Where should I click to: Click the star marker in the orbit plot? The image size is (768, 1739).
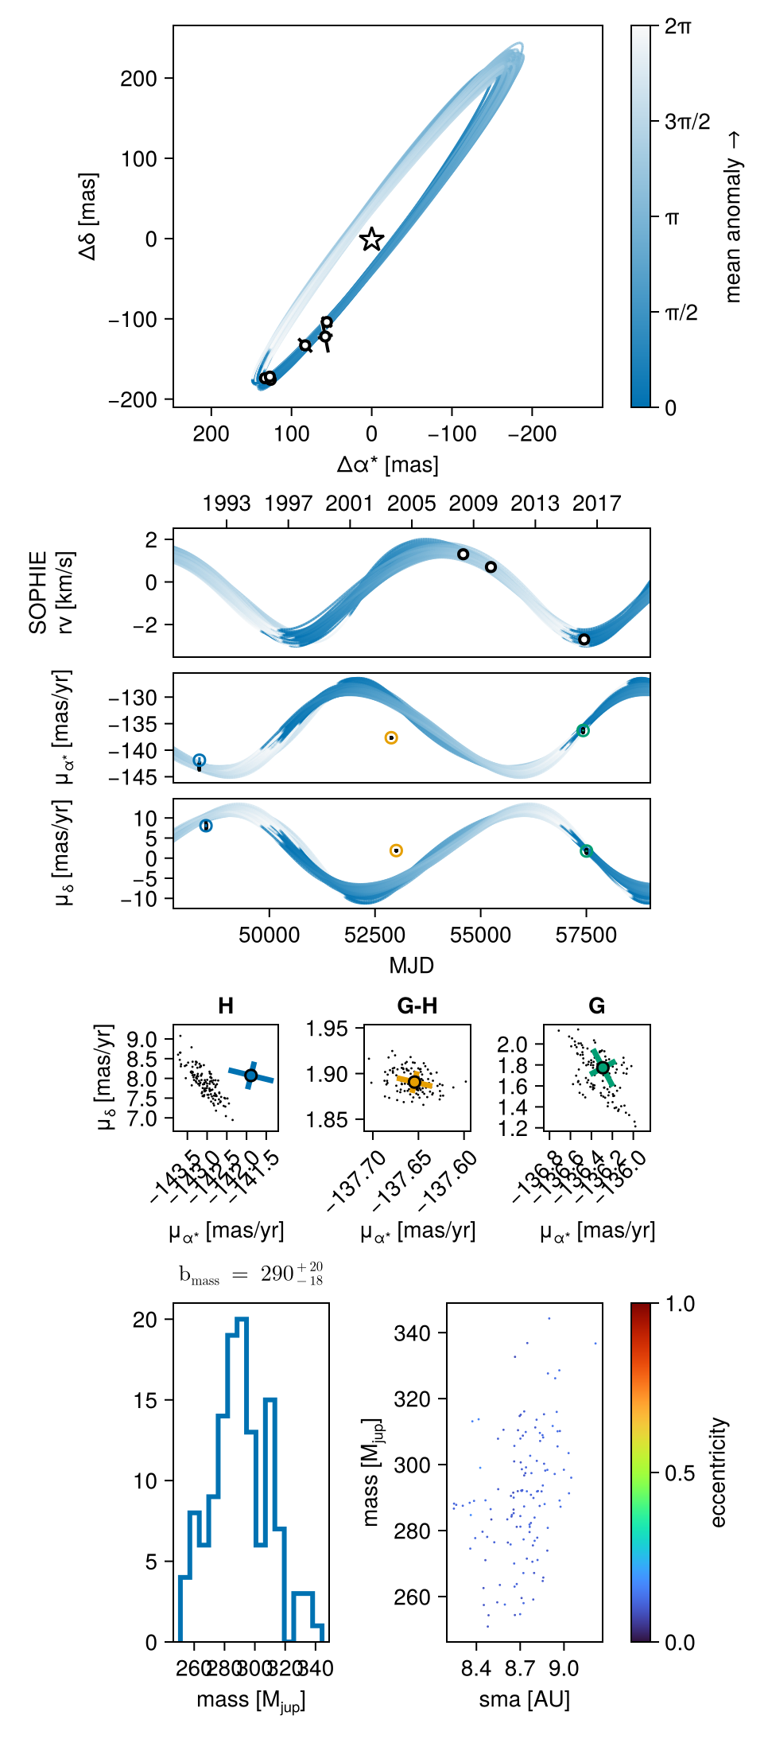pyautogui.click(x=371, y=239)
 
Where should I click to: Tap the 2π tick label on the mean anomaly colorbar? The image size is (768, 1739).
pyautogui.click(x=677, y=26)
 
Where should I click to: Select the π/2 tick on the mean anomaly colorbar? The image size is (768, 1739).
pyautogui.click(x=681, y=313)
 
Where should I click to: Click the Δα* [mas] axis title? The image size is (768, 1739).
pyautogui.click(x=387, y=465)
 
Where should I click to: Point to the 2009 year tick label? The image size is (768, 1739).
pyautogui.click(x=473, y=504)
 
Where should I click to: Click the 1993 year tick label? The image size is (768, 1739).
pyautogui.click(x=227, y=504)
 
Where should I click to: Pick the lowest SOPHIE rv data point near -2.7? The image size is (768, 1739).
pyautogui.click(x=584, y=640)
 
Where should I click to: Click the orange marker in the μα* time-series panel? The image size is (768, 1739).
pyautogui.click(x=391, y=738)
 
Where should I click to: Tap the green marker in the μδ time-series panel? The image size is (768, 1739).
pyautogui.click(x=586, y=851)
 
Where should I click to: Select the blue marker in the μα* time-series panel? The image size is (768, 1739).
pyautogui.click(x=200, y=761)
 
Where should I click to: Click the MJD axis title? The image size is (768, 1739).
pyautogui.click(x=411, y=966)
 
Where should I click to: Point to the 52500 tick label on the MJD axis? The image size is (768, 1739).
pyautogui.click(x=375, y=936)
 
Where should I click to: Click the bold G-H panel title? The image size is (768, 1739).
pyautogui.click(x=417, y=1006)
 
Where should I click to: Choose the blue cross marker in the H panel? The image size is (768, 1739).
pyautogui.click(x=250, y=1076)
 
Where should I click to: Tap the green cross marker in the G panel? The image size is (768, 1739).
pyautogui.click(x=603, y=1068)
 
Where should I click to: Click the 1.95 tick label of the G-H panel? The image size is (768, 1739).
pyautogui.click(x=327, y=1029)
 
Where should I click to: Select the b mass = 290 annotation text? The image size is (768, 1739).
pyautogui.click(x=250, y=1274)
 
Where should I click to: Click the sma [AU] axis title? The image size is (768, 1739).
pyautogui.click(x=524, y=1699)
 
